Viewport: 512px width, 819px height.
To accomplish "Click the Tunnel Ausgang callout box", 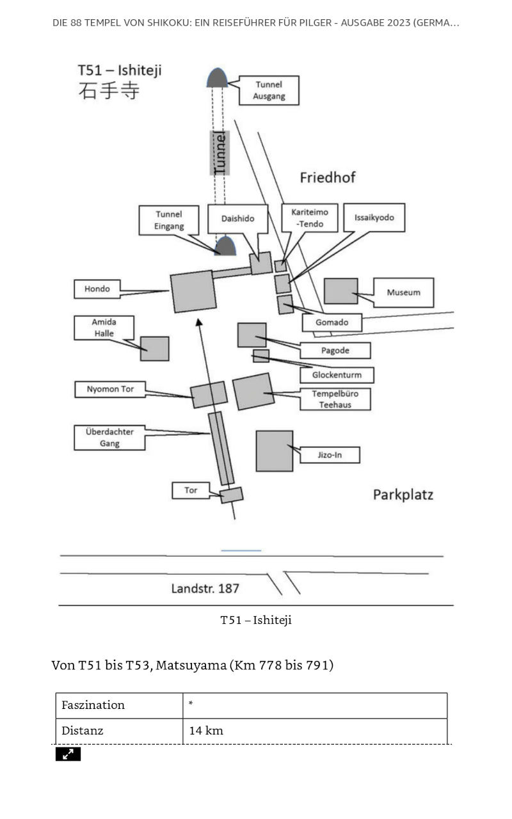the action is pyautogui.click(x=269, y=90).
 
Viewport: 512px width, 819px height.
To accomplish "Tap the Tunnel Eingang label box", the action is pyautogui.click(x=169, y=220).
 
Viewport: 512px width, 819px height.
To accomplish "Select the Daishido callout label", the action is pyautogui.click(x=237, y=219).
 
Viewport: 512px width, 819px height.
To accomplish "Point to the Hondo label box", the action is pyautogui.click(x=97, y=289).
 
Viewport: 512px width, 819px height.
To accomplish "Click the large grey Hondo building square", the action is pyautogui.click(x=193, y=291).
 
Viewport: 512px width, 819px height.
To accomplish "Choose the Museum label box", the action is pyautogui.click(x=404, y=292).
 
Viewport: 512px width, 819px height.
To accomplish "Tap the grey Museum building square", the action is pyautogui.click(x=341, y=291).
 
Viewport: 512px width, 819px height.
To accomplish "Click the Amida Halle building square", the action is pyautogui.click(x=155, y=349).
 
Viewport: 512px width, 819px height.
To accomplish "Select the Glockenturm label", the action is pyautogui.click(x=337, y=375).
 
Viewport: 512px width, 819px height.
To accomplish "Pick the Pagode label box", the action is pyautogui.click(x=335, y=350).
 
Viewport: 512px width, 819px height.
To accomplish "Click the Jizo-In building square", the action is pyautogui.click(x=275, y=451).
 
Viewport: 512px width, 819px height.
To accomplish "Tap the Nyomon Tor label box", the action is pyautogui.click(x=110, y=389).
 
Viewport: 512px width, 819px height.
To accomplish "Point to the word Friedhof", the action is pyautogui.click(x=328, y=177).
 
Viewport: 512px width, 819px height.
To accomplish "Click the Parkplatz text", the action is pyautogui.click(x=403, y=495).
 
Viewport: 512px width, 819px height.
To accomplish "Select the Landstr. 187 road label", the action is pyautogui.click(x=205, y=588).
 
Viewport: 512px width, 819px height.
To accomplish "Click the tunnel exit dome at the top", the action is pyautogui.click(x=217, y=77).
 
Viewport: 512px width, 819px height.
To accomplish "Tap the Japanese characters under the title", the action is pyautogui.click(x=109, y=91).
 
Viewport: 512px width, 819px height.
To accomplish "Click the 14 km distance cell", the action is pyautogui.click(x=315, y=731).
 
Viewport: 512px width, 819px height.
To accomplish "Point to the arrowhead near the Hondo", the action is pyautogui.click(x=198, y=322).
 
